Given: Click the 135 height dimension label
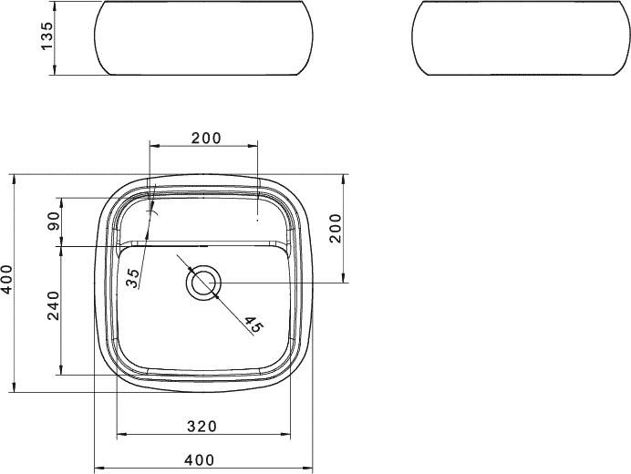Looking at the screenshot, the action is [x=47, y=36].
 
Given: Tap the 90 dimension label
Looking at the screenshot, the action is [x=55, y=221].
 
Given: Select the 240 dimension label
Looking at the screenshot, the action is [x=54, y=305].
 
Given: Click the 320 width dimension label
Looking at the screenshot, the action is [x=202, y=426].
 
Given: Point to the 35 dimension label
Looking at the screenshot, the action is [x=133, y=278].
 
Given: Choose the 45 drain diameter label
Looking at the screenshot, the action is [x=253, y=325].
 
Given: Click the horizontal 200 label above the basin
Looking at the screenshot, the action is [x=206, y=138].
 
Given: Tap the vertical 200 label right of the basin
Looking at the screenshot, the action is [x=335, y=228].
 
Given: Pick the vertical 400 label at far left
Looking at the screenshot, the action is [x=7, y=279].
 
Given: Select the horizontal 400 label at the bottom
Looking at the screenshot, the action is [x=200, y=459].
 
